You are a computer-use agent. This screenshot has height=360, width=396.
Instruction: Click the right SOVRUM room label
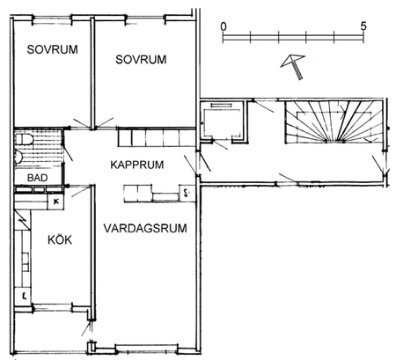click(x=141, y=59)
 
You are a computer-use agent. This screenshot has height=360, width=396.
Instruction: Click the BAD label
click(x=37, y=178)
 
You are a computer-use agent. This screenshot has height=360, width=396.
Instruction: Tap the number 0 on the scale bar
click(x=224, y=26)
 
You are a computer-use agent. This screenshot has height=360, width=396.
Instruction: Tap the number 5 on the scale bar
click(x=363, y=26)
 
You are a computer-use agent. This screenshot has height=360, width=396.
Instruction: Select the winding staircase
click(x=332, y=124)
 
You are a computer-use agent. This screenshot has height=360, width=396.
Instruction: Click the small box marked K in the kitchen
click(x=56, y=201)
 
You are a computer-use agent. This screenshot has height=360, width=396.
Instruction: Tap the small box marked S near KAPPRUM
click(x=187, y=191)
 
